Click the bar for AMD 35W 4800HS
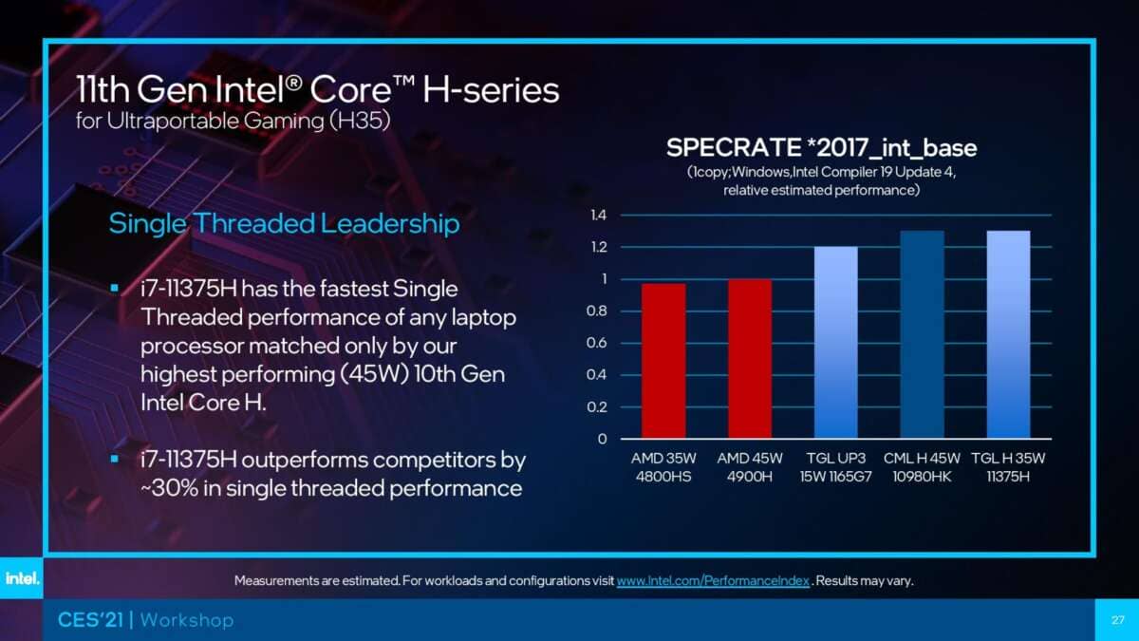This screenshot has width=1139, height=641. point(663,361)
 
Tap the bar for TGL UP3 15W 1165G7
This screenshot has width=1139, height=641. point(835,343)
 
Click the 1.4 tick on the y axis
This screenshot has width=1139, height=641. point(598,216)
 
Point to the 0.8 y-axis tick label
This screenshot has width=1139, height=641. point(597,311)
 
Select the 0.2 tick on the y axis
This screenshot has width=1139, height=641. point(597,407)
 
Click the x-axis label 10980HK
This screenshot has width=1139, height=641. point(921,476)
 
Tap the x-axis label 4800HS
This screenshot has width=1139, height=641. point(663,476)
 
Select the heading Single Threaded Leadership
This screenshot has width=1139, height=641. point(284,224)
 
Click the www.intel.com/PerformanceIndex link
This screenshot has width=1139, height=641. point(713,580)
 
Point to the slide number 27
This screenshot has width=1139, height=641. point(1117,620)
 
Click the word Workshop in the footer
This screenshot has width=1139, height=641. point(187,620)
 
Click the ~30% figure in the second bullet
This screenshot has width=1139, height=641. point(168,488)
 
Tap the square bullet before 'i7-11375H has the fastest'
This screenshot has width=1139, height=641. point(115,287)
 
